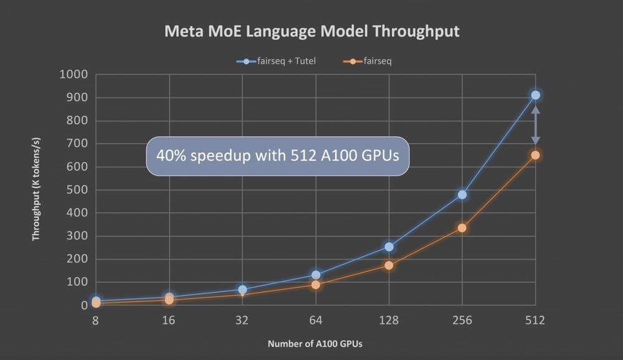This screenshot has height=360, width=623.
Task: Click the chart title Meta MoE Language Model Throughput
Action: coord(311,31)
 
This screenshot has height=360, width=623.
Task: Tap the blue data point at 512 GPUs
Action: coord(535,95)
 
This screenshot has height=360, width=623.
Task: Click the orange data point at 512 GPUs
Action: coord(535,155)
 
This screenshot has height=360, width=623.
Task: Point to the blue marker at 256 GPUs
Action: coord(462,194)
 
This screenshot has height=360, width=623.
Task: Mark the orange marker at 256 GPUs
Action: coord(462,228)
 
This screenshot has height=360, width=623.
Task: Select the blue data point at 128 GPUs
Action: coord(389,247)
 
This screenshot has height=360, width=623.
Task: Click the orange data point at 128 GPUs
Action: coord(389,265)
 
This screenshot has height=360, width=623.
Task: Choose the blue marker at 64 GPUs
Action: coord(316,275)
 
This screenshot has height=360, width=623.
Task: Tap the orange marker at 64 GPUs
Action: coord(316,285)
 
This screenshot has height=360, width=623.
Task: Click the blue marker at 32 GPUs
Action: coord(242,290)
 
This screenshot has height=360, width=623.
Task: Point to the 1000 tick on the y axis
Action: coord(74,75)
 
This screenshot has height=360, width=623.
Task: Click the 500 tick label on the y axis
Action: coord(77,190)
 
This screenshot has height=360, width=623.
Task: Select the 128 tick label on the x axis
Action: coord(389,321)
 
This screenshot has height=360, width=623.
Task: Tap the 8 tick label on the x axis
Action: coord(95,321)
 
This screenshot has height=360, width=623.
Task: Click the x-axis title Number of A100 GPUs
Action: coord(315,344)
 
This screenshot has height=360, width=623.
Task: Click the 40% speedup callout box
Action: coord(278,156)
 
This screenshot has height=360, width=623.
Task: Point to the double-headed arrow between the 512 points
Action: coord(535,125)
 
